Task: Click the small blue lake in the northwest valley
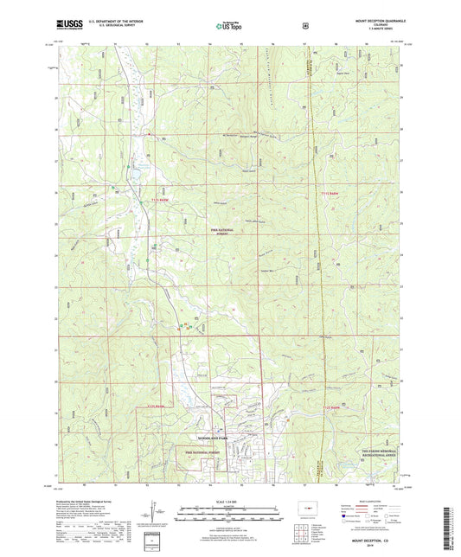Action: pos(135,182)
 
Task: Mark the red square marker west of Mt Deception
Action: pos(149,135)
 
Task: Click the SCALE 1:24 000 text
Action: pos(229,503)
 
